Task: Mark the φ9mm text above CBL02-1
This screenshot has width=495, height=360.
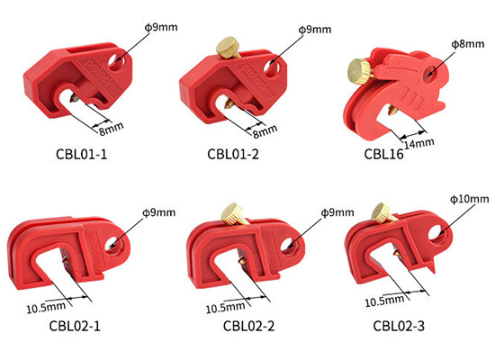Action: (x=157, y=212)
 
